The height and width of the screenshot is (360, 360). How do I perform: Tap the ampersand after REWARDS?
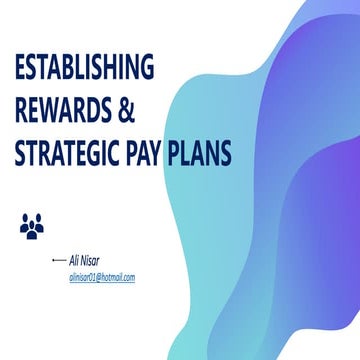125,112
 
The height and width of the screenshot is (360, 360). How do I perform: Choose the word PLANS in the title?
203,155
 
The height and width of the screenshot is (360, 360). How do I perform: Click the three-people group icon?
31,227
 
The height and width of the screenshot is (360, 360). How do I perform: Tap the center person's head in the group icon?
31,221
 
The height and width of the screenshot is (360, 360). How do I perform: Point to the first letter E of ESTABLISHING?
18,69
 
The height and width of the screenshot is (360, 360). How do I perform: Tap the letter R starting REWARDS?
19,112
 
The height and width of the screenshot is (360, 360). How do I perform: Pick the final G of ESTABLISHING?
147,69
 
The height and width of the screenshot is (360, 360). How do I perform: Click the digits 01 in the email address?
91,276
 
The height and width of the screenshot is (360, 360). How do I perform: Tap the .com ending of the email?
128,276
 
